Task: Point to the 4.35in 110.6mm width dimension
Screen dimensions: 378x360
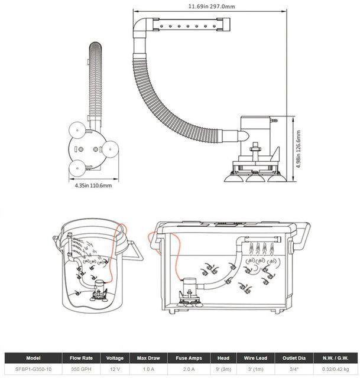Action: [x=93, y=185]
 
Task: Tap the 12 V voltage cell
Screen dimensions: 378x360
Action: [x=114, y=369]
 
